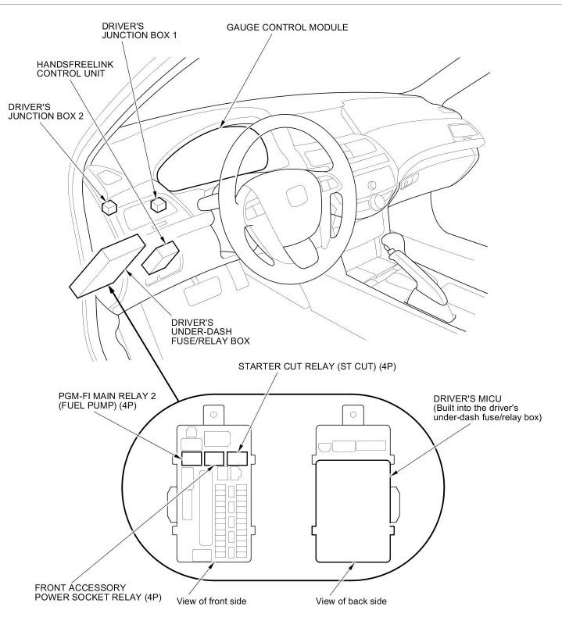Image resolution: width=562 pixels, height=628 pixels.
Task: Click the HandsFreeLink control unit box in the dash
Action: pos(164,255)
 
